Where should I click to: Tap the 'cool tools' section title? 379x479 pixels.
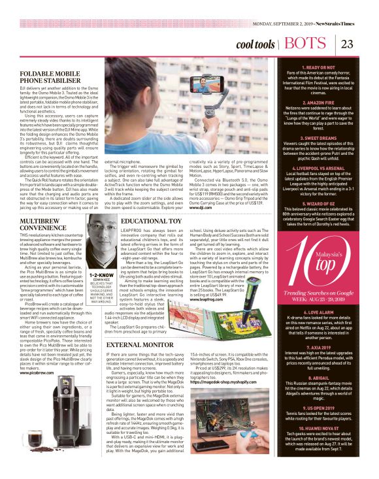[255, 44]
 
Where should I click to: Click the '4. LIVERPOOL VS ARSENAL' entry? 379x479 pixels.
[323, 149]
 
